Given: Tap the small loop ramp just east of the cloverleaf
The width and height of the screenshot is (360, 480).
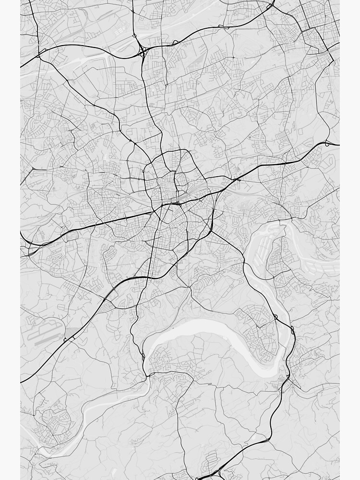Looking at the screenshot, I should [175, 43].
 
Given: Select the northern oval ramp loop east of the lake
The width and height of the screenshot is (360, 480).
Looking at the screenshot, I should [276, 317].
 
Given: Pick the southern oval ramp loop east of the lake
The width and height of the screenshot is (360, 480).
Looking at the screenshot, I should [292, 330].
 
